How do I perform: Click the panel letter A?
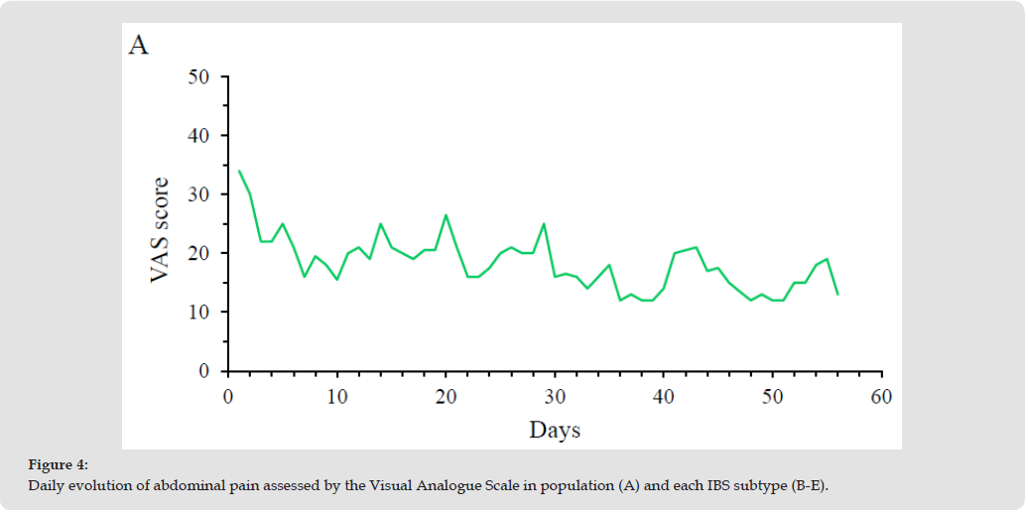pyautogui.click(x=139, y=45)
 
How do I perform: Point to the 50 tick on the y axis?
pyautogui.click(x=197, y=76)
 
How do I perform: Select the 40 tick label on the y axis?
pyautogui.click(x=197, y=136)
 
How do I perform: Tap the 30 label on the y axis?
pyautogui.click(x=197, y=194)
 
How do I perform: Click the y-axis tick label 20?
pyautogui.click(x=197, y=253)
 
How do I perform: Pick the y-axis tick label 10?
pyautogui.click(x=197, y=313)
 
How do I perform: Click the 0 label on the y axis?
pyautogui.click(x=204, y=371)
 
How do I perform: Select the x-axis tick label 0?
pyautogui.click(x=228, y=397)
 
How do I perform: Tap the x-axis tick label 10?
pyautogui.click(x=337, y=397)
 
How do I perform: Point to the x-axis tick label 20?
pyautogui.click(x=446, y=397)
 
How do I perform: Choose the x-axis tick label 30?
pyautogui.click(x=555, y=397)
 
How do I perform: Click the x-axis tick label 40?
pyautogui.click(x=664, y=397)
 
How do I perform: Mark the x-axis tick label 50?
pyautogui.click(x=772, y=397)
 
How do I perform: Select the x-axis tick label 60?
pyautogui.click(x=881, y=397)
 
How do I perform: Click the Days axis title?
pyautogui.click(x=555, y=430)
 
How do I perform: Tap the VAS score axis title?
pyautogui.click(x=160, y=230)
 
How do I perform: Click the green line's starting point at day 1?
pyautogui.click(x=239, y=171)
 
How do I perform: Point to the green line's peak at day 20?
pyautogui.click(x=446, y=215)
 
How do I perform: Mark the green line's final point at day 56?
pyautogui.click(x=837, y=295)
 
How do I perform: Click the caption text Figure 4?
pyautogui.click(x=58, y=464)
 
